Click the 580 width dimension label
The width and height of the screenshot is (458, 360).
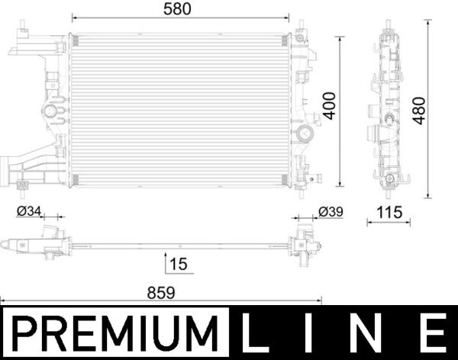click(180, 9)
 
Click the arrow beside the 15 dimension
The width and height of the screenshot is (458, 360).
click(166, 263)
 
